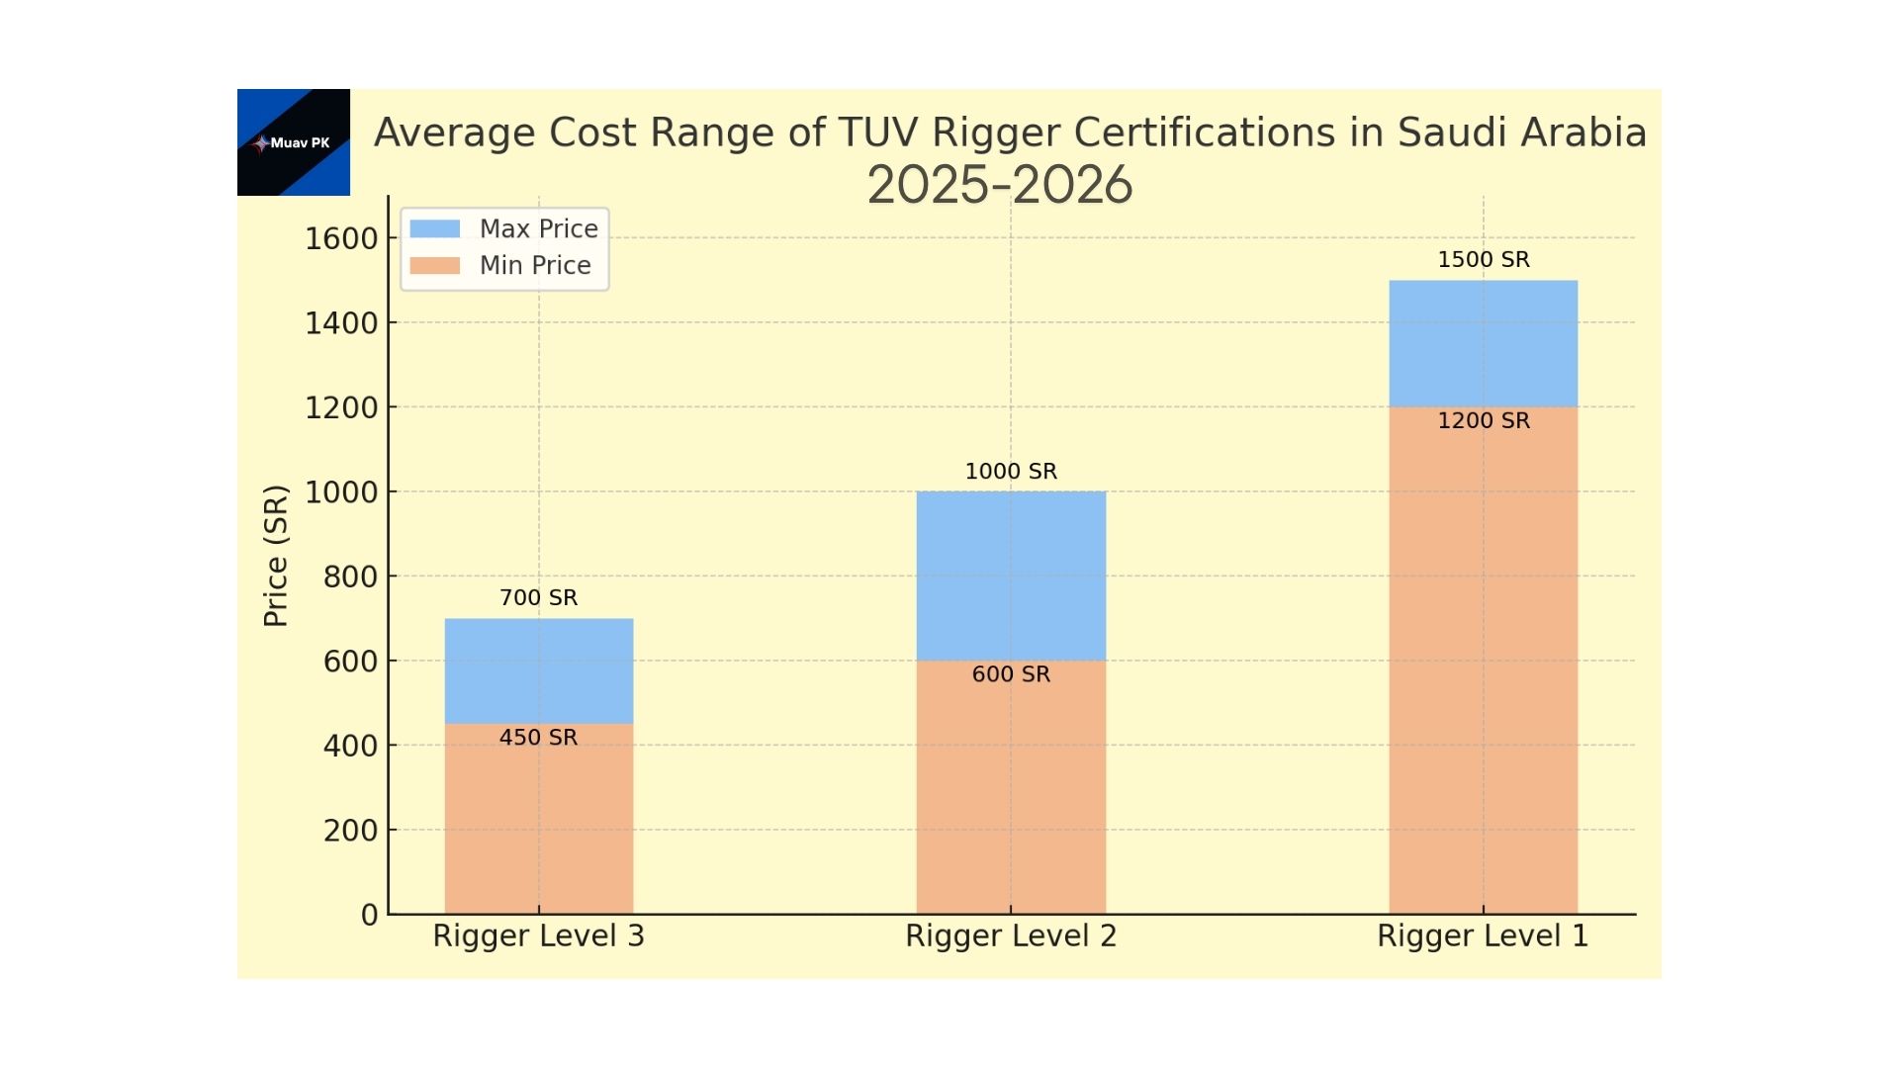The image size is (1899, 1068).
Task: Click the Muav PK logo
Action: [294, 142]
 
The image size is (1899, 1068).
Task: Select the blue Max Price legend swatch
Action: [434, 228]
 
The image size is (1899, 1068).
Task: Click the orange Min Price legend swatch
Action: [434, 265]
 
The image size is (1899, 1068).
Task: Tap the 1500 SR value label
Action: [1483, 259]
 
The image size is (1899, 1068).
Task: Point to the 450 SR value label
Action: [538, 737]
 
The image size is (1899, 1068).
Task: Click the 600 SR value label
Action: [1010, 673]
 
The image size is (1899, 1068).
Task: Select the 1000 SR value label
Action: [1010, 471]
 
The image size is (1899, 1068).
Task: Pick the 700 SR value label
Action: [538, 597]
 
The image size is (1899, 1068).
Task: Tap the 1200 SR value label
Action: [1483, 420]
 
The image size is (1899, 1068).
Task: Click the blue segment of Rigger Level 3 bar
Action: [538, 671]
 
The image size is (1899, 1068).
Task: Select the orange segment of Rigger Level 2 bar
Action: [1010, 791]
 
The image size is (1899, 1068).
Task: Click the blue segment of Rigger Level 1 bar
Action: [1483, 343]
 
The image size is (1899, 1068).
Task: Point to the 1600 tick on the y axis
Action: [341, 238]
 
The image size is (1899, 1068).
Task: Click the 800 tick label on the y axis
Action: [350, 577]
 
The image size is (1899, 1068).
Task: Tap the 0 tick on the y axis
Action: [369, 915]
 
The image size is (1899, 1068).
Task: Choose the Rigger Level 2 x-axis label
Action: [1010, 935]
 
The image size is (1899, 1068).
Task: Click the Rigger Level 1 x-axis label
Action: [1483, 935]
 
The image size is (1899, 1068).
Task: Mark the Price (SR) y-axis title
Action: [276, 556]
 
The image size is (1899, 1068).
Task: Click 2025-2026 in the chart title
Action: [999, 185]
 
